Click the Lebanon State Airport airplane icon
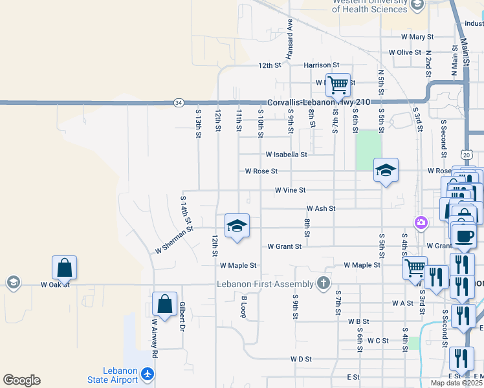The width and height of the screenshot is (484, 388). (x=148, y=374)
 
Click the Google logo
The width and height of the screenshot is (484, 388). (x=21, y=380)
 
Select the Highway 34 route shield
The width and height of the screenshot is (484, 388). (x=178, y=102)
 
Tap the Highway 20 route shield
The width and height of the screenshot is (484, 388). (x=467, y=155)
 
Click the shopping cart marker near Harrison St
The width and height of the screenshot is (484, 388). (x=338, y=84)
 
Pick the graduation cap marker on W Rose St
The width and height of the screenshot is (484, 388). (x=386, y=170)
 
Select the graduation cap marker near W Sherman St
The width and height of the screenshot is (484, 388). (x=237, y=226)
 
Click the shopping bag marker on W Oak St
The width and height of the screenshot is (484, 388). (x=65, y=267)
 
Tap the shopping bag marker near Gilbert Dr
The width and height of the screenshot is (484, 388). (x=165, y=303)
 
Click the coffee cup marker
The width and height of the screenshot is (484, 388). (x=465, y=235)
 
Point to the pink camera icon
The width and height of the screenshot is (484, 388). (x=422, y=222)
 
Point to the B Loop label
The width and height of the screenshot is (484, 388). (x=244, y=307)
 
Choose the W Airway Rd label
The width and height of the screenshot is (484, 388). (x=155, y=338)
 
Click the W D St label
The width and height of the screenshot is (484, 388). (x=302, y=358)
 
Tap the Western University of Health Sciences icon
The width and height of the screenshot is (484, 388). (x=417, y=5)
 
